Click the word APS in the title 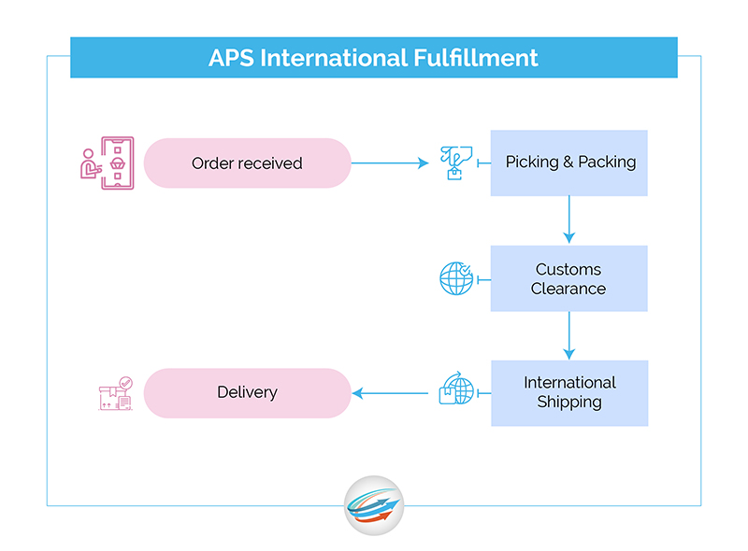pyautogui.click(x=231, y=58)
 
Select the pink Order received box pyautogui.click(x=247, y=163)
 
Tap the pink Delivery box pyautogui.click(x=247, y=392)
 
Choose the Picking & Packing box pyautogui.click(x=569, y=162)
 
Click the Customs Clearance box pyautogui.click(x=569, y=278)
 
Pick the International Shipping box pyautogui.click(x=569, y=393)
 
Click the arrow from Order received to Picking pyautogui.click(x=389, y=163)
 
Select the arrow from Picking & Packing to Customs pyautogui.click(x=569, y=220)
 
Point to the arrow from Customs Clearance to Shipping pyautogui.click(x=569, y=335)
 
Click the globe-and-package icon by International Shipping pyautogui.click(x=456, y=389)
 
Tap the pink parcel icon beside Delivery pyautogui.click(x=115, y=393)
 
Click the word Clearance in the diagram pyautogui.click(x=568, y=289)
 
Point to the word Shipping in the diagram pyautogui.click(x=569, y=403)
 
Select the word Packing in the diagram pyautogui.click(x=607, y=162)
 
